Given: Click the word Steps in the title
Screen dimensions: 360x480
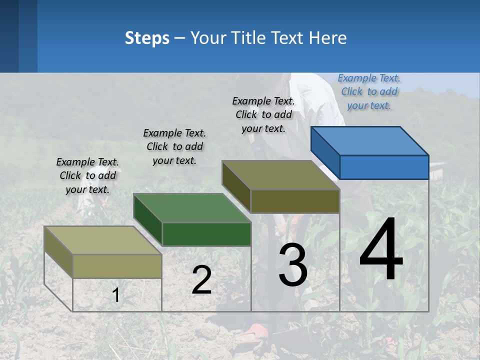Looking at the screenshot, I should pos(146,38).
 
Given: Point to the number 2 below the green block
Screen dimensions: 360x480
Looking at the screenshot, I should pos(201,280).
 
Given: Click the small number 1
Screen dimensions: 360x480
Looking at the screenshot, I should pos(116,295).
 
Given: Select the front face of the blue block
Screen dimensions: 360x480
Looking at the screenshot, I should pos(384,167).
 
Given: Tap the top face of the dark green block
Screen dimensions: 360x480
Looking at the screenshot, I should pos(192,207).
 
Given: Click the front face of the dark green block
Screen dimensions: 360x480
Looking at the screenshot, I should pos(206,234).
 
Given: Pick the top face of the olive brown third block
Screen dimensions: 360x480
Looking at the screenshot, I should pos(280,175).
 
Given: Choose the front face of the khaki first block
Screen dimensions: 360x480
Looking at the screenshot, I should pos(117,266).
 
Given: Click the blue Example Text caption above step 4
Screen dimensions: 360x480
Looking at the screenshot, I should pos(369,91).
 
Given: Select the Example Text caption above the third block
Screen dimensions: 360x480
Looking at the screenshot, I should pos(263,114).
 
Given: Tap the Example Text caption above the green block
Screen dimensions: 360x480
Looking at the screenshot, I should pos(174,146).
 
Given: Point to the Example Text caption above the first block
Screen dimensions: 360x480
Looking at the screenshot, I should pos(87,175).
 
